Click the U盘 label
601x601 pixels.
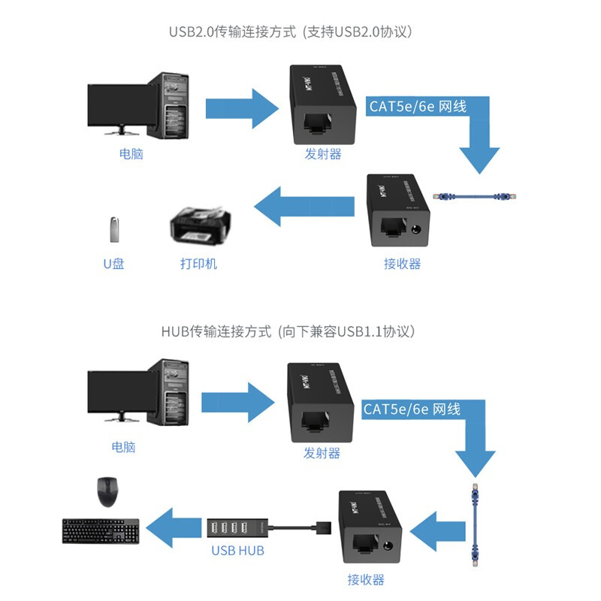point(113,264)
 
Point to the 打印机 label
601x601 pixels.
point(198,264)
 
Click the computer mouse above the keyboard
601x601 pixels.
point(107,492)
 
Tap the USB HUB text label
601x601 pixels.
point(237,551)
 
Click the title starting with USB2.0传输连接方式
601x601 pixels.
point(291,32)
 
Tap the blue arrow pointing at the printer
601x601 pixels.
point(305,206)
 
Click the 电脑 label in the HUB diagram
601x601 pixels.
point(123,447)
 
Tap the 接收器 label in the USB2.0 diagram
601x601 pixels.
point(402,264)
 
